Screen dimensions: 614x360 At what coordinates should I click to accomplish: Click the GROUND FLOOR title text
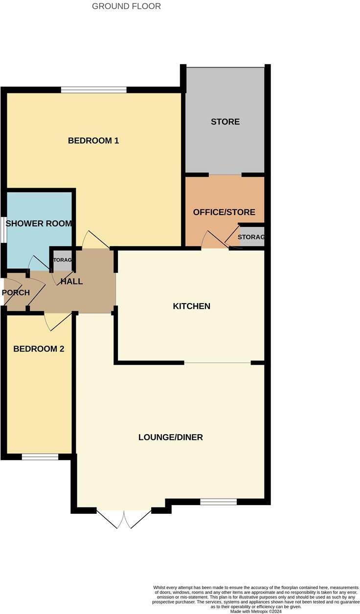click(x=126, y=6)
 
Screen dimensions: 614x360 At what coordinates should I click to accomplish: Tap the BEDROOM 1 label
click(x=93, y=141)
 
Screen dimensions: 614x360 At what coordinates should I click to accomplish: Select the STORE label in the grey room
click(x=225, y=122)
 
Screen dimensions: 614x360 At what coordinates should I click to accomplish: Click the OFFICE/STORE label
click(x=224, y=212)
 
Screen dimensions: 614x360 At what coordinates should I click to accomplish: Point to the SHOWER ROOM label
click(x=39, y=224)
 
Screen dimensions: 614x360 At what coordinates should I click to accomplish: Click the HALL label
click(x=71, y=282)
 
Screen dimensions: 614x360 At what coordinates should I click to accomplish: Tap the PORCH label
click(x=16, y=293)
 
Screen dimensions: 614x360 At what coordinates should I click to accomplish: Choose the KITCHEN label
click(x=191, y=307)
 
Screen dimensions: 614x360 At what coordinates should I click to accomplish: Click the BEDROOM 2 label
click(x=39, y=349)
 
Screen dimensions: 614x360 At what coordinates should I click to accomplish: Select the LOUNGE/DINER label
click(x=170, y=438)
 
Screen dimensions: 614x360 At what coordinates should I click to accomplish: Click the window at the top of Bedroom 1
click(x=94, y=90)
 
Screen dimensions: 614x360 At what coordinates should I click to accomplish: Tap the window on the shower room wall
click(x=3, y=229)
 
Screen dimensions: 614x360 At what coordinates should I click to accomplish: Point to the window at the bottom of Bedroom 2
click(x=40, y=457)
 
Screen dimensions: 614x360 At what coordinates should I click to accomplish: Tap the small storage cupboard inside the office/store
click(x=251, y=237)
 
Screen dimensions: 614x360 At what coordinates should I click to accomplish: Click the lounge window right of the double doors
click(x=219, y=501)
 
